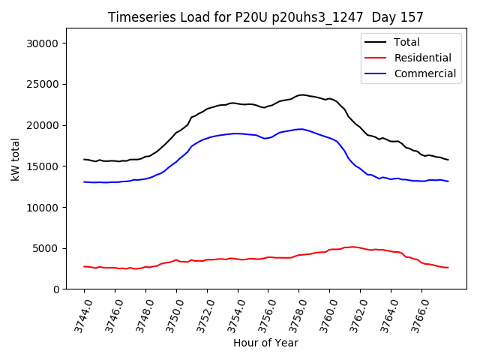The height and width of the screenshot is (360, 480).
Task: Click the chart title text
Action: coord(265,17)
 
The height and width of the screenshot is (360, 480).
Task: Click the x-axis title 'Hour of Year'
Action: coord(265,343)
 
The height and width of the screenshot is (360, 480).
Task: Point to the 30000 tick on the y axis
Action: coord(41,43)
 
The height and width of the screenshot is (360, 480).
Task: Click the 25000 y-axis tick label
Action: coord(41,85)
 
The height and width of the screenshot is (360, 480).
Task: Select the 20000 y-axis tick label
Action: coord(41,125)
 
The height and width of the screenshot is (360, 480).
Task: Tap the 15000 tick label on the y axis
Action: coord(41,166)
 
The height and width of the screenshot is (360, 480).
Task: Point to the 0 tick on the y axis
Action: coord(55,289)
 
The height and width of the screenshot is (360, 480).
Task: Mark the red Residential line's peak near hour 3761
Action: coord(351,246)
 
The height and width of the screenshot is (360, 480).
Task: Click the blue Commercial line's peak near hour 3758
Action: coord(300,129)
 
